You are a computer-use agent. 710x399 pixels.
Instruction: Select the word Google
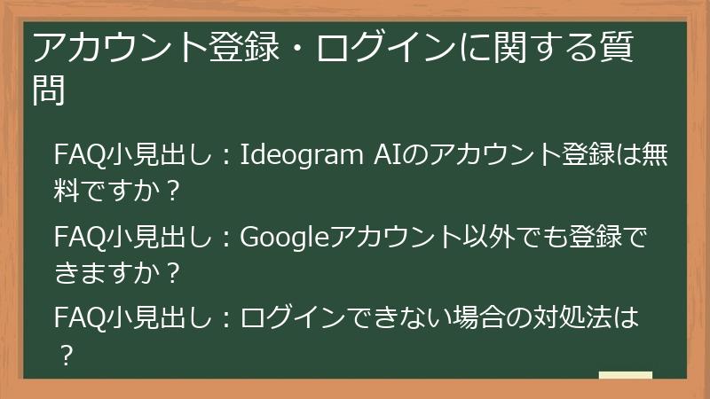284,236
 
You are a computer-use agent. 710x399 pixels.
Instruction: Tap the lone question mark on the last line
65,354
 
